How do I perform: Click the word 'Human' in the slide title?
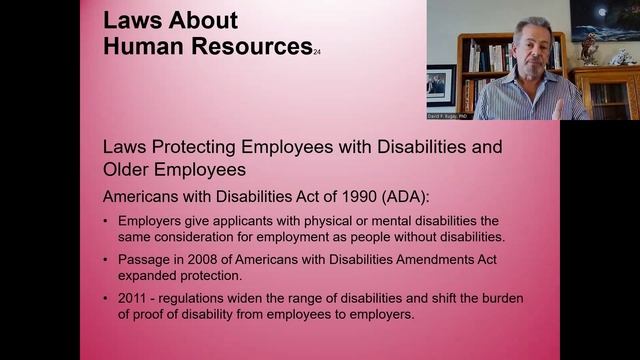pyautogui.click(x=137, y=45)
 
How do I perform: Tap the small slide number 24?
pyautogui.click(x=317, y=51)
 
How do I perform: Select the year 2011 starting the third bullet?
pyautogui.click(x=134, y=299)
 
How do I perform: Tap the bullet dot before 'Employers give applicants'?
pyautogui.click(x=107, y=220)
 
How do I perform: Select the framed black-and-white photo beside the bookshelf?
pyautogui.click(x=441, y=85)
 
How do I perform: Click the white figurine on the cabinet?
pyautogui.click(x=622, y=57)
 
